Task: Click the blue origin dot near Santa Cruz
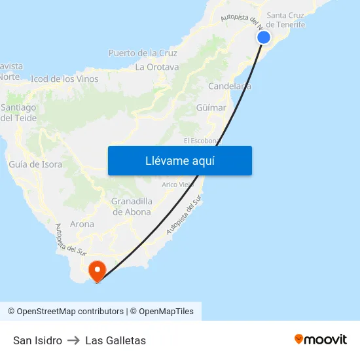(264, 37)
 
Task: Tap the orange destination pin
(97, 271)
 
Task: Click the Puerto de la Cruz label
(143, 53)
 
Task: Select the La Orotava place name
(157, 67)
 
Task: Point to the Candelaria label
(229, 86)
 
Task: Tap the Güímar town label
(211, 107)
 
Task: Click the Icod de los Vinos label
(64, 79)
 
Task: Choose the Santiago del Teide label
(18, 113)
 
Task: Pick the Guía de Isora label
(35, 164)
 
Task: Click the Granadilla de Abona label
(132, 206)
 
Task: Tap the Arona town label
(82, 224)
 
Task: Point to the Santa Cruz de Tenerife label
(286, 20)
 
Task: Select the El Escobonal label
(202, 141)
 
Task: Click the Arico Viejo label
(178, 185)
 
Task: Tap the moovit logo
(320, 340)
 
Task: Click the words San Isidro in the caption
(37, 340)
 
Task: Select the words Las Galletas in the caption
(115, 340)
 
